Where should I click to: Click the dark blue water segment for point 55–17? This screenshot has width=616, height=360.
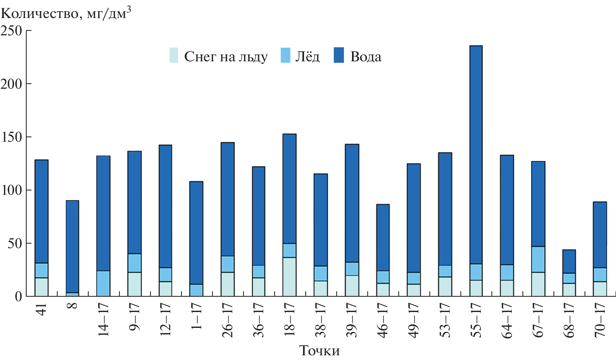(x=476, y=155)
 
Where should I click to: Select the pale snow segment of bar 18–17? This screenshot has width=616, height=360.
(x=289, y=277)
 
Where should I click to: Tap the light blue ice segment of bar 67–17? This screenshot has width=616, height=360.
(x=538, y=259)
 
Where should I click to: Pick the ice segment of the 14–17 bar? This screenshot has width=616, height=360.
(x=103, y=284)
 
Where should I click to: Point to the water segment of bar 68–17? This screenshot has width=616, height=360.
(x=569, y=262)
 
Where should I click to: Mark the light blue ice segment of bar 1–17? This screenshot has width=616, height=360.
(x=196, y=290)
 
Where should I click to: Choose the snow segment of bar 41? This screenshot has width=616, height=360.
(x=41, y=287)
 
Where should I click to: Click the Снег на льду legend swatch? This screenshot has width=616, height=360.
(x=174, y=55)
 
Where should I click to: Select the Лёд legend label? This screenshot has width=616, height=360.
(x=307, y=57)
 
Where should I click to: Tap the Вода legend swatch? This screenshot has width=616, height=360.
(x=339, y=55)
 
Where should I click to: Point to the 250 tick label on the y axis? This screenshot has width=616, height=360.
(x=12, y=31)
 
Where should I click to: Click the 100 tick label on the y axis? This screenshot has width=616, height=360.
(x=12, y=190)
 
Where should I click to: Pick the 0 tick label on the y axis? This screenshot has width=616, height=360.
(x=18, y=297)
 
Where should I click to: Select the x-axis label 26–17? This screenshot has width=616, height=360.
(x=228, y=320)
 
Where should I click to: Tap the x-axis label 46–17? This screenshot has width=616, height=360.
(x=383, y=320)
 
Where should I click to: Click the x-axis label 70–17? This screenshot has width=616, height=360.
(x=600, y=320)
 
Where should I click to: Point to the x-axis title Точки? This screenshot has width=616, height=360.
(x=320, y=351)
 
